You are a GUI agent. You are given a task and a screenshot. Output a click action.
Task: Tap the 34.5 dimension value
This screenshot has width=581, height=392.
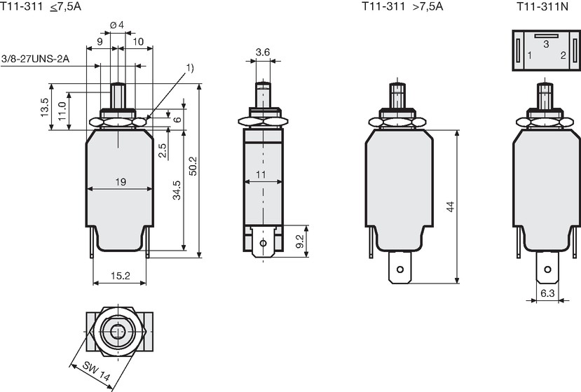pos(177,190)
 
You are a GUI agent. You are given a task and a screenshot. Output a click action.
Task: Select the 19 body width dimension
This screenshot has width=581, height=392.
pos(121,182)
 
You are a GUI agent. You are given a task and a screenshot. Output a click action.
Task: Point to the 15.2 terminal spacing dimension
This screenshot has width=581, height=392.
pos(121,276)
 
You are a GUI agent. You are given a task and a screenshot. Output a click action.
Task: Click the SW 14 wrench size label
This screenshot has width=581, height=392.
pos(96,371)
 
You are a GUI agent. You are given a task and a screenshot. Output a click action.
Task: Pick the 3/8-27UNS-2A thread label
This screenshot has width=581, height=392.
pos(36,59)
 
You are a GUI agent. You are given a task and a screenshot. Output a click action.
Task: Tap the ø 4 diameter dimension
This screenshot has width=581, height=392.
pos(117,24)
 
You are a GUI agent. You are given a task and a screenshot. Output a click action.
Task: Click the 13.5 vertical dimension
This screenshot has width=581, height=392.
pos(45,107)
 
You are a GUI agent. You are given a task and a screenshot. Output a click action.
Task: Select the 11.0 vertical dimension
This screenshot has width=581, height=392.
pos(62,111)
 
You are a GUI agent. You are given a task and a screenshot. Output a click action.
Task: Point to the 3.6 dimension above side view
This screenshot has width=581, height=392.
pos(263,52)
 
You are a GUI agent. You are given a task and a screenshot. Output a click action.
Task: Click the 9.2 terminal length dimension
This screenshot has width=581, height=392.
pos(300,241)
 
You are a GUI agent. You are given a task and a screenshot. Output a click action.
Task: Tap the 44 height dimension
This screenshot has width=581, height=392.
pos(450,206)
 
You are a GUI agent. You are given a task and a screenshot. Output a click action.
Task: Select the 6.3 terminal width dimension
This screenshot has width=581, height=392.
pos(547,293)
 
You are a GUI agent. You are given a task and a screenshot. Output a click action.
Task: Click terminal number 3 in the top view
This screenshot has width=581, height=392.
pos(546,44)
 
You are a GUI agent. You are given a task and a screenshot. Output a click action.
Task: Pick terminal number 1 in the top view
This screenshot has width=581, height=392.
pos(530,55)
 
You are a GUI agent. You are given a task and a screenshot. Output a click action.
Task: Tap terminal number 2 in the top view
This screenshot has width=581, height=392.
pos(563,55)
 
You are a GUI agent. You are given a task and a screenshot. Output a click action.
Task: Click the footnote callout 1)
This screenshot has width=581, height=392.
pos(190,68)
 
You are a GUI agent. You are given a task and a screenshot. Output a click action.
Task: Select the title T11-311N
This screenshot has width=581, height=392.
pos(542,7)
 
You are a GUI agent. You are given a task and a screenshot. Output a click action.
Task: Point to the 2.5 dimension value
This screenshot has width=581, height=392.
pos(163,150)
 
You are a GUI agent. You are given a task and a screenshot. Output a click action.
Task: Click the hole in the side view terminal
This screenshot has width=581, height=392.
pos(263,243)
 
